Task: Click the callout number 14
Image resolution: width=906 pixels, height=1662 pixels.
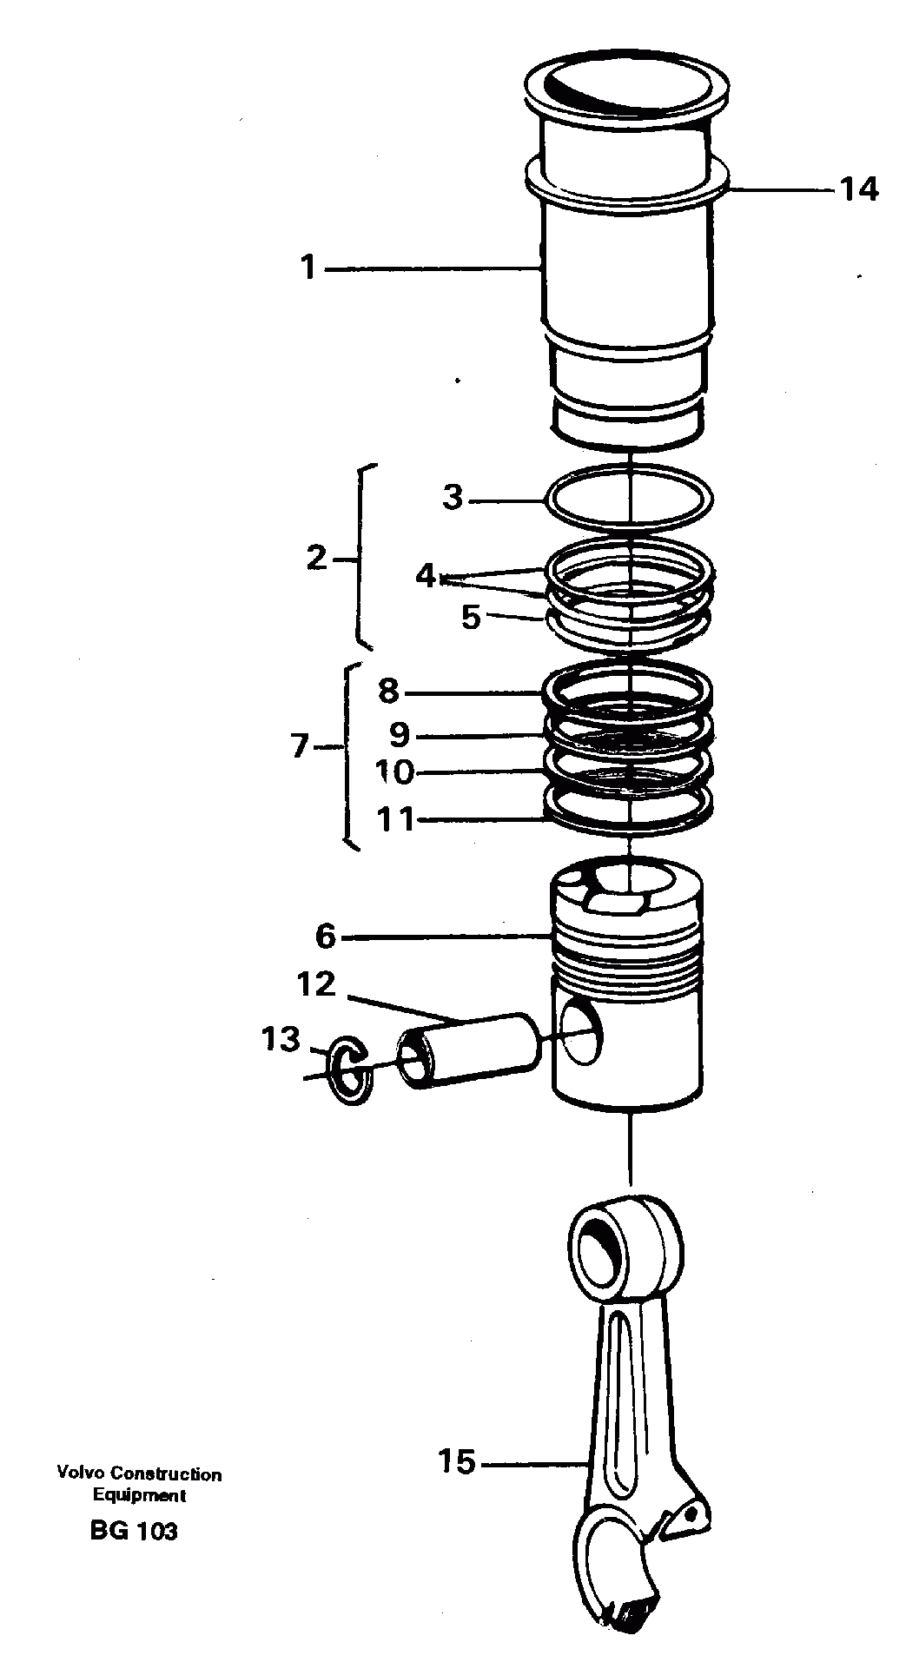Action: (x=858, y=189)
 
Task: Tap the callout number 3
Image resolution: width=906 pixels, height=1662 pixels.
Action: (x=453, y=499)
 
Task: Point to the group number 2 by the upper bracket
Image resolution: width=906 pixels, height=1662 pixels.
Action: (x=317, y=558)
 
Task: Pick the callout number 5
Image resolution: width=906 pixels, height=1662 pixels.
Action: (x=471, y=618)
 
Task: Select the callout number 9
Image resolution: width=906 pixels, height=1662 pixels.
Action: (x=399, y=735)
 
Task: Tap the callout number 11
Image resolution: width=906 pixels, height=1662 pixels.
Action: (x=395, y=818)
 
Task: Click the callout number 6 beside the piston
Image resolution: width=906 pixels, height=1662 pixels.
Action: (x=325, y=937)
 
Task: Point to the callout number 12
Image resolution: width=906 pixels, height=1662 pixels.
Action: (x=316, y=985)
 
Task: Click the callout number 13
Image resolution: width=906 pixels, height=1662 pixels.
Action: (x=281, y=1039)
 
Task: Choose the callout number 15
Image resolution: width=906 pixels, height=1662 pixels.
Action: (x=457, y=1462)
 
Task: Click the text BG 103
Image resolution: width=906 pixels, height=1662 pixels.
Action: (x=133, y=1530)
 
